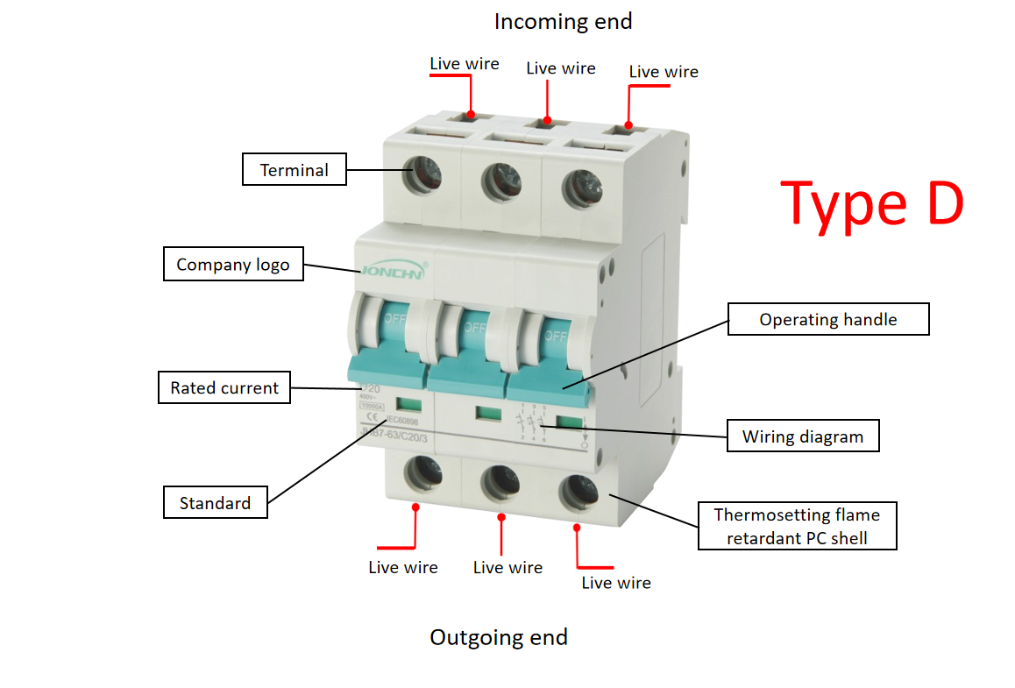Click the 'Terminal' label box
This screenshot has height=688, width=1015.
coord(294,170)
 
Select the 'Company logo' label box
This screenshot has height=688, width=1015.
coord(233,265)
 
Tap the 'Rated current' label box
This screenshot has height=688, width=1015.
coord(224,387)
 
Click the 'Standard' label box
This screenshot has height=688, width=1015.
coord(216,503)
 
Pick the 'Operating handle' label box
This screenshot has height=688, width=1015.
coord(827,320)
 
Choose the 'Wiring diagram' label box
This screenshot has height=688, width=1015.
coord(802,436)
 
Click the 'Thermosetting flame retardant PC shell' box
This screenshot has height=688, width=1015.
coord(797,526)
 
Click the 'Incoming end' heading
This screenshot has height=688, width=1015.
coord(563,21)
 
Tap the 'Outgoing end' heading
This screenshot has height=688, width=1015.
coord(499,637)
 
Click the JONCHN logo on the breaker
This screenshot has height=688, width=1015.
coord(393,272)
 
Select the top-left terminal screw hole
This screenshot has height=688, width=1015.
coord(421,176)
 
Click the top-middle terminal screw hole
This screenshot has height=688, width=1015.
coord(501,181)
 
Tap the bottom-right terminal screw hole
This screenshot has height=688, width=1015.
coord(578,493)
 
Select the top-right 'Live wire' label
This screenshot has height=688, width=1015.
coord(664,72)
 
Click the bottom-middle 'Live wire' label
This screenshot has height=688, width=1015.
coord(507,568)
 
